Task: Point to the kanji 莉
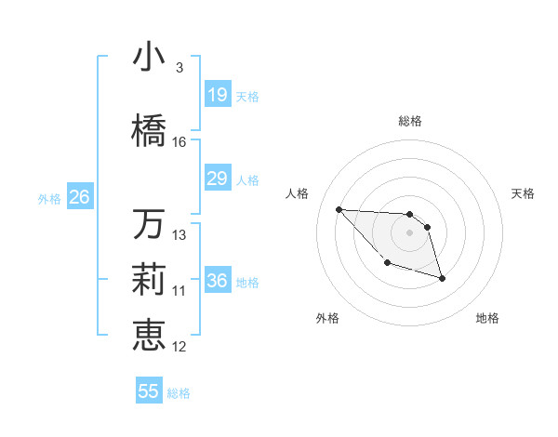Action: (149, 280)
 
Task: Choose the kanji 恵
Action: (149, 336)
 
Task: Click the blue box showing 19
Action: (217, 95)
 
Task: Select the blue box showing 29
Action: (217, 179)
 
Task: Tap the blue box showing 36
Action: (217, 281)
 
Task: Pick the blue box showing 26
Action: (79, 197)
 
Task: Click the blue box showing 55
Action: (149, 391)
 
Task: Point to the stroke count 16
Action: (179, 142)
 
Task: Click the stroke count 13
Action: (179, 235)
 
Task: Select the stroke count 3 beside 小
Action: (179, 68)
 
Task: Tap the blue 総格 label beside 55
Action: (179, 393)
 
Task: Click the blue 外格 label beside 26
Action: (49, 198)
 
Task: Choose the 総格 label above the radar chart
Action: (410, 121)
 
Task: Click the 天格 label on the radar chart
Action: (523, 193)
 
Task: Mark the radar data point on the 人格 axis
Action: (339, 209)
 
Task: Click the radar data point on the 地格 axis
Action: (442, 278)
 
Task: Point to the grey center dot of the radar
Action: (410, 232)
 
